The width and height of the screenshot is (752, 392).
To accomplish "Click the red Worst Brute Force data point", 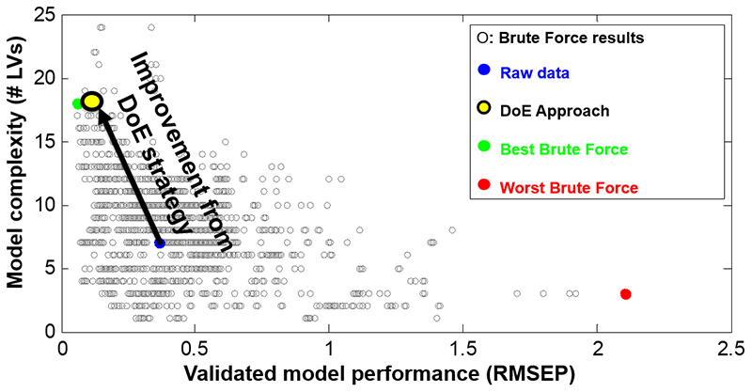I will [x=625, y=294].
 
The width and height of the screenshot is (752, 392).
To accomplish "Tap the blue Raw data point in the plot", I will [x=160, y=243].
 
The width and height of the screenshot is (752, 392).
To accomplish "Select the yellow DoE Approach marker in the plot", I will [x=92, y=102].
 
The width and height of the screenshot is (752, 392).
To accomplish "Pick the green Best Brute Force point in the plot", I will [x=77, y=103].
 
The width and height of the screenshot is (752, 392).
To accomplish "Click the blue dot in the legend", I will [x=482, y=70].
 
